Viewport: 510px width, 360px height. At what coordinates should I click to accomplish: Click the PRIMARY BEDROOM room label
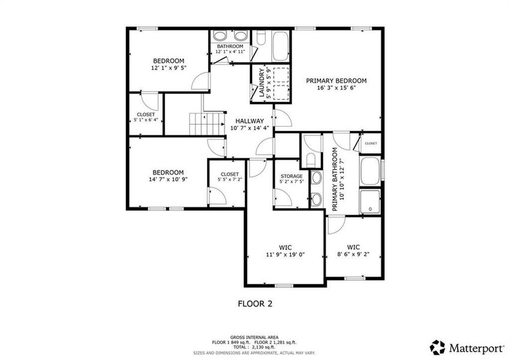(x=336, y=80)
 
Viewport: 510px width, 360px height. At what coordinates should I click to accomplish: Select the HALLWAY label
(x=249, y=121)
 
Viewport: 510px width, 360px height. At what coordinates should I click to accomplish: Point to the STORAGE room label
(x=292, y=176)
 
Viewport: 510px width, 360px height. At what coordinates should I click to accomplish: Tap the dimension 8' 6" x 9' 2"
(x=353, y=254)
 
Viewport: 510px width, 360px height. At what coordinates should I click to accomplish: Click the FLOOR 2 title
(x=255, y=304)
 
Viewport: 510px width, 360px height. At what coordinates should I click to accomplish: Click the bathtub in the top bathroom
(x=280, y=45)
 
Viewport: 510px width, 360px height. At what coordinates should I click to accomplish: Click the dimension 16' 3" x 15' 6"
(x=336, y=88)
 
